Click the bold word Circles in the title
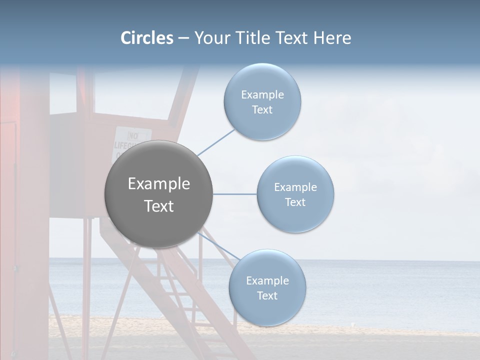coord(146,38)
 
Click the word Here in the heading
coord(332,38)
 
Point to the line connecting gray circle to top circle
coord(216,142)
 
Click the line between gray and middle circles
coord(234,194)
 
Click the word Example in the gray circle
coord(159,184)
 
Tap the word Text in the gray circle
coord(159,206)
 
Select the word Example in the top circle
coord(262,95)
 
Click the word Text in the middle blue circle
coord(295,202)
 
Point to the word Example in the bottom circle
coord(267,280)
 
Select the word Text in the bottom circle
coord(267,295)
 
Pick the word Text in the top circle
coord(262,109)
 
